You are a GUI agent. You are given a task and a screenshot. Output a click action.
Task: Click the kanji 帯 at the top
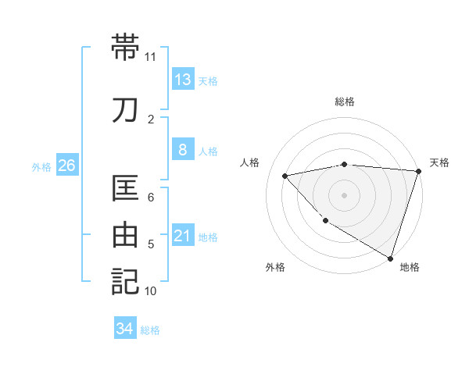(x=125, y=48)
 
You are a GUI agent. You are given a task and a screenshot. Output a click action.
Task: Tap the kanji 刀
(x=125, y=110)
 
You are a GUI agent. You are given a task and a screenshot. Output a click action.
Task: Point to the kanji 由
(x=125, y=235)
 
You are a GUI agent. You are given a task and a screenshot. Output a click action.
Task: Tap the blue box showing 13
(x=183, y=79)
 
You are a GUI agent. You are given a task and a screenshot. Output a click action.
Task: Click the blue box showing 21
(x=183, y=235)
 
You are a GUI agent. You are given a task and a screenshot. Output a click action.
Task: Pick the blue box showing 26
(x=66, y=165)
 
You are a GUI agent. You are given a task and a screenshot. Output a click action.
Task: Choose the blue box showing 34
(x=125, y=329)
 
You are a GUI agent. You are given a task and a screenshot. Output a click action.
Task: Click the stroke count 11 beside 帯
(x=150, y=57)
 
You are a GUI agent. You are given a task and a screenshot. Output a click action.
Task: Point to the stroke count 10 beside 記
(x=150, y=291)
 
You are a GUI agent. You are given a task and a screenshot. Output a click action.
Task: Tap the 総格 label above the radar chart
(x=345, y=102)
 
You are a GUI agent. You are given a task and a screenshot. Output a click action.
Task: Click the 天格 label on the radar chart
(x=439, y=162)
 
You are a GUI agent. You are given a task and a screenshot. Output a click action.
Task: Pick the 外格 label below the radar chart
(x=275, y=267)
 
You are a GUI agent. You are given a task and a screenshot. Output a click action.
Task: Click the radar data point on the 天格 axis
(x=418, y=170)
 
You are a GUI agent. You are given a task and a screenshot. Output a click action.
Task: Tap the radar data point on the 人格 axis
(x=285, y=176)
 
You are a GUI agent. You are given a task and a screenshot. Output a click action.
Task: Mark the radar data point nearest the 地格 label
(x=390, y=257)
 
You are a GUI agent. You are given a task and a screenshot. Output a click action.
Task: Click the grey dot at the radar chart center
(x=344, y=194)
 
